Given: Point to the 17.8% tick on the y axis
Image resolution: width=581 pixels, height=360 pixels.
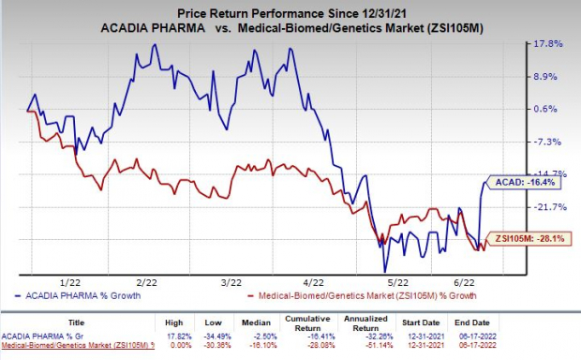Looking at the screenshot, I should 554,44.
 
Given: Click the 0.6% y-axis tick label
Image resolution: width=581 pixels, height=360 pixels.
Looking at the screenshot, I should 554,109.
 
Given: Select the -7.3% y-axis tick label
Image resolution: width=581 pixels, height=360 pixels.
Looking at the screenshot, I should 554,142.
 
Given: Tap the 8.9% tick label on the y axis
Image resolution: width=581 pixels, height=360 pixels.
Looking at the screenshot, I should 554,77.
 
